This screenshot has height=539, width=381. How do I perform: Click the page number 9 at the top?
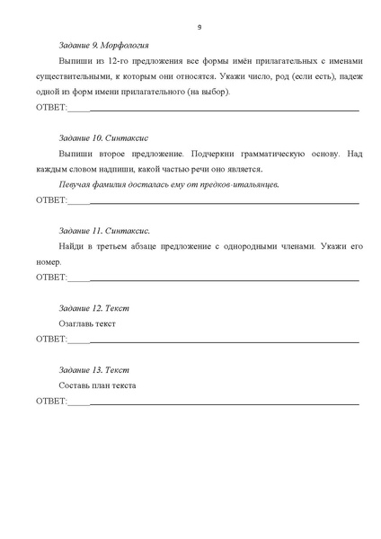tap(199, 26)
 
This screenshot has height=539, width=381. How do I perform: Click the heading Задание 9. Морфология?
tap(102, 45)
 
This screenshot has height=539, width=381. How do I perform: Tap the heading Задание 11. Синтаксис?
tap(103, 231)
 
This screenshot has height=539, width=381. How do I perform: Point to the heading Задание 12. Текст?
tap(93, 308)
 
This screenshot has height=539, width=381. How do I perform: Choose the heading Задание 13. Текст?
tap(93, 370)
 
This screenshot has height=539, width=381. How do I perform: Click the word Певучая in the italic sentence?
tap(75, 184)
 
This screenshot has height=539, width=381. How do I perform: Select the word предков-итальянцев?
tap(242, 184)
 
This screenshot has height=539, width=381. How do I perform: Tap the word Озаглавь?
tap(75, 323)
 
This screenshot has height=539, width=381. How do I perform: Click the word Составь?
tap(74, 385)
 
